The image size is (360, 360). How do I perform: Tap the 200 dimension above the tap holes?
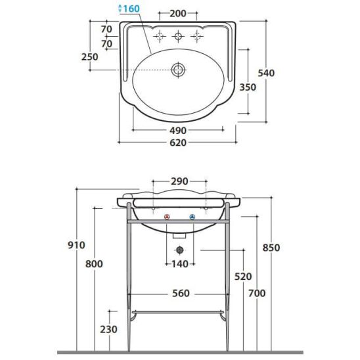pos(178,14)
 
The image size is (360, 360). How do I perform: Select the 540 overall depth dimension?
pos(266,73)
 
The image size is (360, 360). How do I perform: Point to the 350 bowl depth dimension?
pos(248,87)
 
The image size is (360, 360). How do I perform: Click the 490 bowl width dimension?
pos(178,131)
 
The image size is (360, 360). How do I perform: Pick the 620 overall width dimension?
pos(178,143)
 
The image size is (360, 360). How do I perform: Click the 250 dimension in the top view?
pos(89,57)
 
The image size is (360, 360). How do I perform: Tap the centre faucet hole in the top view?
pos(178,36)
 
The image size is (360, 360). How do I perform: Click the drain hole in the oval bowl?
pos(178,70)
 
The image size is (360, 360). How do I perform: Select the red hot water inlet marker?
pos(167,217)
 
